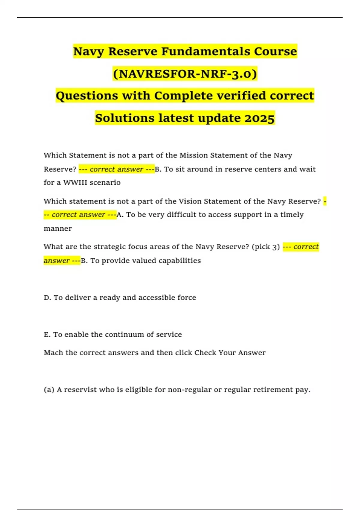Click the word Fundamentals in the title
[206, 51]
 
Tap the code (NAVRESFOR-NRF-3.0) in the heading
[185, 73]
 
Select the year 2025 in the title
[259, 118]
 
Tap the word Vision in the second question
[190, 201]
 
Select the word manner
[58, 229]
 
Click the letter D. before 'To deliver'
[47, 298]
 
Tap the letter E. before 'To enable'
[47, 334]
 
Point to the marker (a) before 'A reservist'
[49, 390]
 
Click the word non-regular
[189, 390]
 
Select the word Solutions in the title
[124, 118]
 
